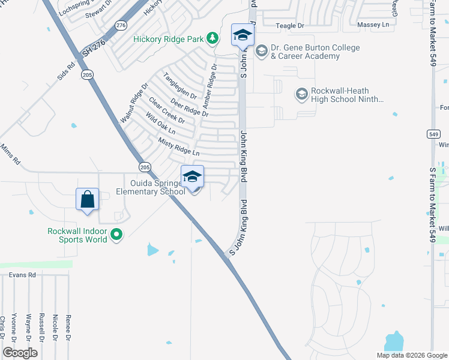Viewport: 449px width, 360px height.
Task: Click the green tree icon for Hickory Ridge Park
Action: point(212,38)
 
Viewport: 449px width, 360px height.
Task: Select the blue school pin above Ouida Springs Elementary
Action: point(192,176)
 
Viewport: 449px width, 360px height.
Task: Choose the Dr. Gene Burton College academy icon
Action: point(261,50)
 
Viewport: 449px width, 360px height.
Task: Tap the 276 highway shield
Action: point(121,25)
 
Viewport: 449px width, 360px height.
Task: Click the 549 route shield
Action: point(434,134)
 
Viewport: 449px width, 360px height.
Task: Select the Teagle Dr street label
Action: point(291,25)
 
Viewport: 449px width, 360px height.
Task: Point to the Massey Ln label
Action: point(373,25)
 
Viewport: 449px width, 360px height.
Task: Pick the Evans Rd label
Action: point(23,274)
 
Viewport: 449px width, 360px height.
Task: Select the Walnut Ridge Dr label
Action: point(133,104)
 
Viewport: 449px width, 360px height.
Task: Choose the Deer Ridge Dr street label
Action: point(188,107)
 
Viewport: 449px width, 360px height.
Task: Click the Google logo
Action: point(20,352)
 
